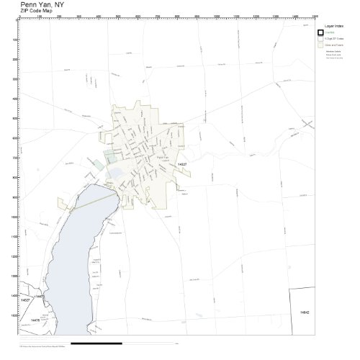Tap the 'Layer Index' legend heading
pyautogui.click(x=333, y=24)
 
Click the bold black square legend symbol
pyautogui.click(x=322, y=32)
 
